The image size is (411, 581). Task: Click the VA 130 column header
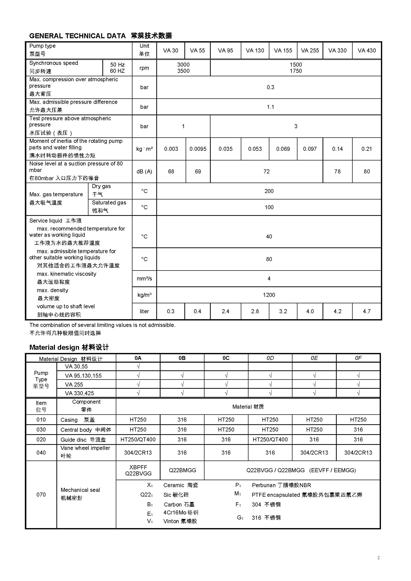click(x=255, y=50)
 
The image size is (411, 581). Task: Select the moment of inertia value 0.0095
click(x=198, y=149)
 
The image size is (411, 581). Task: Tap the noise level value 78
click(x=337, y=171)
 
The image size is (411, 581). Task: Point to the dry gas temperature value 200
click(x=269, y=191)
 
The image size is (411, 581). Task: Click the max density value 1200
click(x=269, y=295)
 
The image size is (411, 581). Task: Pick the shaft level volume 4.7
click(x=367, y=311)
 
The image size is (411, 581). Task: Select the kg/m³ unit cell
click(x=144, y=295)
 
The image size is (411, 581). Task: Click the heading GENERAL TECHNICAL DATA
click(x=78, y=36)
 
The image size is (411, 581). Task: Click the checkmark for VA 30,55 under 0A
click(x=138, y=366)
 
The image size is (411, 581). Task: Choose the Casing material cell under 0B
click(x=182, y=420)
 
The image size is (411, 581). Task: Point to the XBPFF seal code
click(x=138, y=467)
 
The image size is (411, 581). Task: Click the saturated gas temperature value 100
click(x=269, y=207)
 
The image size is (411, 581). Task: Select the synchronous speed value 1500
click(x=296, y=65)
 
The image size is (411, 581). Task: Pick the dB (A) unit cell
click(x=144, y=171)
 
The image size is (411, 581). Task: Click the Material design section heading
click(x=69, y=347)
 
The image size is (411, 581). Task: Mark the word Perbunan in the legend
click(x=263, y=485)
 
